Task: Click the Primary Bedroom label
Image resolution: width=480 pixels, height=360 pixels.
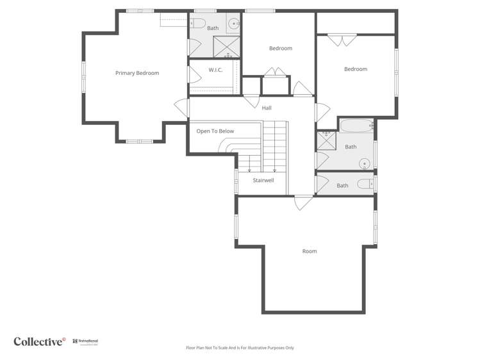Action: click(137, 73)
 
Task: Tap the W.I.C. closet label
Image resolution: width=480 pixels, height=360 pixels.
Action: click(215, 70)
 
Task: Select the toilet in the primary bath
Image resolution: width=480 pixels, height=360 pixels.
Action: click(197, 24)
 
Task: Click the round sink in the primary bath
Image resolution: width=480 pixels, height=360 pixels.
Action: click(234, 24)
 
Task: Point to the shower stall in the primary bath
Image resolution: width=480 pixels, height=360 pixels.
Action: click(226, 47)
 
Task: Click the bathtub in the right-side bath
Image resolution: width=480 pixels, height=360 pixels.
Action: click(356, 126)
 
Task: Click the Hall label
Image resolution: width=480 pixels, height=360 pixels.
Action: click(267, 108)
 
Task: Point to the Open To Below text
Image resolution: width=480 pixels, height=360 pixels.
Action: click(215, 131)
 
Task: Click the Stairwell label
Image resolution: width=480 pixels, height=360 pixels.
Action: click(263, 181)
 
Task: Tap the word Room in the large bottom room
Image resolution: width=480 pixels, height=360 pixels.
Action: click(310, 251)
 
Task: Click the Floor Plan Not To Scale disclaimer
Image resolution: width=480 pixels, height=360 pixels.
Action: click(240, 348)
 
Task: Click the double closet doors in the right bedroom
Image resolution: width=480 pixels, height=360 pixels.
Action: click(342, 40)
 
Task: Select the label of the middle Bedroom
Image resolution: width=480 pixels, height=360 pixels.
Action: click(280, 49)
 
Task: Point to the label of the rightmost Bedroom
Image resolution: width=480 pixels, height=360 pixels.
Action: click(356, 69)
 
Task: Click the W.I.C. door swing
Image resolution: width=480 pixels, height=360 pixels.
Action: click(193, 74)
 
